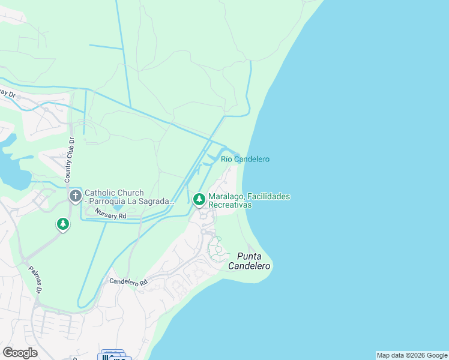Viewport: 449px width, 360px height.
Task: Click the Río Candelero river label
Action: point(245,159)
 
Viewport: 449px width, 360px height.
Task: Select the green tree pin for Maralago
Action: point(199,199)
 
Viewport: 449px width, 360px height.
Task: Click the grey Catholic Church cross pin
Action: point(76,196)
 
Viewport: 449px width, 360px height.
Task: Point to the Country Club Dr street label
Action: point(70,160)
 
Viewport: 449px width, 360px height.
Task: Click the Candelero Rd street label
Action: point(128,281)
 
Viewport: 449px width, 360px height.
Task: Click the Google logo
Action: point(20,352)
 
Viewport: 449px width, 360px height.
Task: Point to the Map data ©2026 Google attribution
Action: point(412,355)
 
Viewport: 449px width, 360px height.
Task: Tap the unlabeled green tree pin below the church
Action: point(63,224)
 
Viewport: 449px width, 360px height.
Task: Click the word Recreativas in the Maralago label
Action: point(229,205)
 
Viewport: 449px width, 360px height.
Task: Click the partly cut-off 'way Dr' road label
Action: point(7,94)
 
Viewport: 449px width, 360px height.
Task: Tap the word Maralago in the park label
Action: point(224,196)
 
